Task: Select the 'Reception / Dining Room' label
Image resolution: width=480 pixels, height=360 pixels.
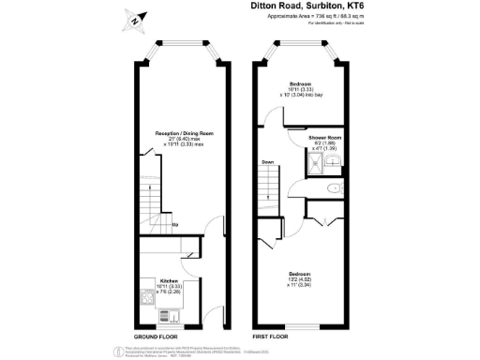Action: pyautogui.click(x=181, y=134)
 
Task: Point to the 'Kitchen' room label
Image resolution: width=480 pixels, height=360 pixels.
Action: pyautogui.click(x=169, y=280)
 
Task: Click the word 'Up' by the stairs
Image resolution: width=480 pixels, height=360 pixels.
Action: pyautogui.click(x=175, y=225)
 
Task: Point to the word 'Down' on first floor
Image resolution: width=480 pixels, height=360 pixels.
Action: pyautogui.click(x=267, y=161)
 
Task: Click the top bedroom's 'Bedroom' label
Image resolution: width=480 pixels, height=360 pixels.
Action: pyautogui.click(x=300, y=82)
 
